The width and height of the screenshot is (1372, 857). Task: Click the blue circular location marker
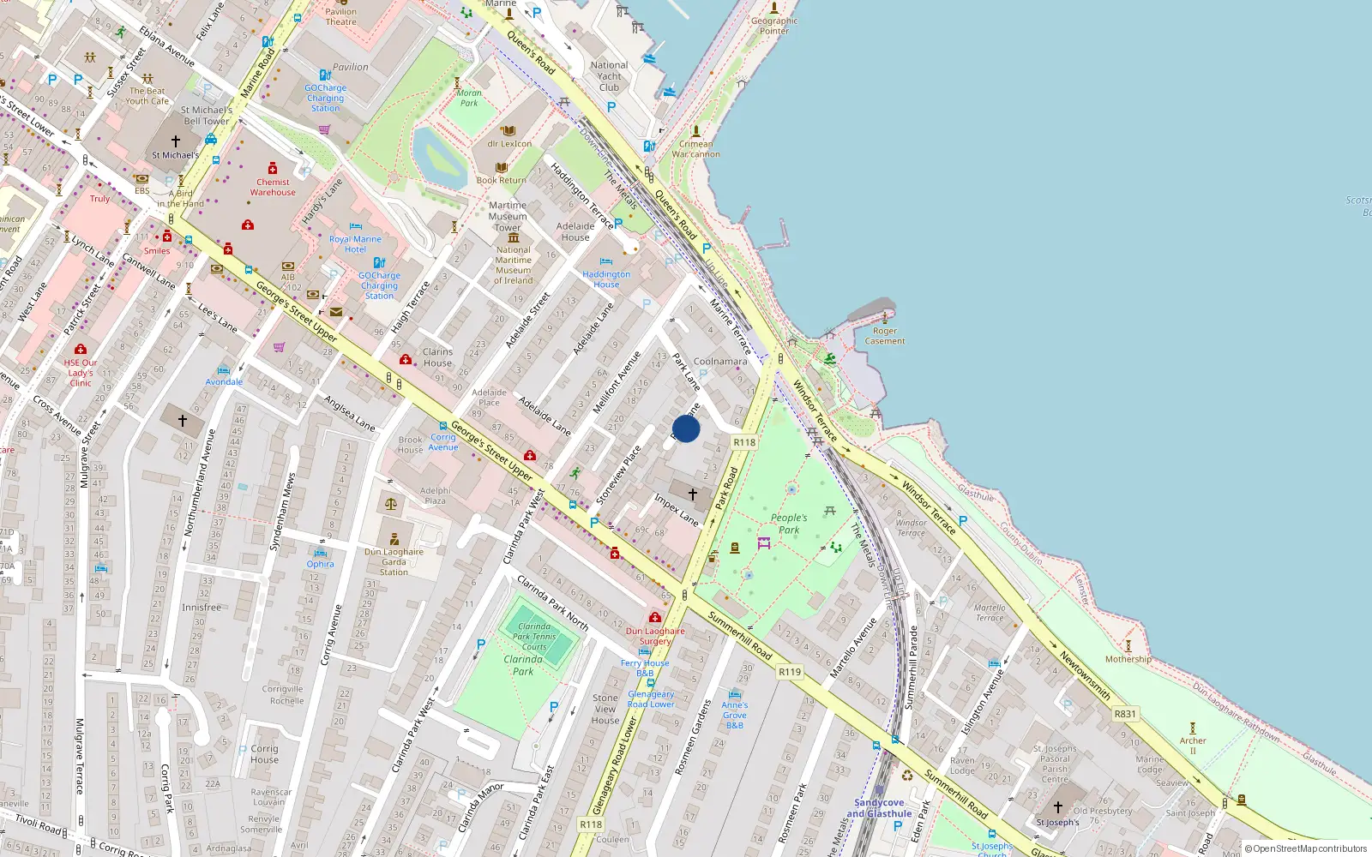pos(686,428)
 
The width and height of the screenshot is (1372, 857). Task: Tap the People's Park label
pos(789,524)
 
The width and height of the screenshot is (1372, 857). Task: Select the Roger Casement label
pos(885,336)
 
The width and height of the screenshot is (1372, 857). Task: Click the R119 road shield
pos(790,672)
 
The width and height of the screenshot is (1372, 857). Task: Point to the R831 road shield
pos(1125,714)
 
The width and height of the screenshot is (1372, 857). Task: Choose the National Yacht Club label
pos(609,76)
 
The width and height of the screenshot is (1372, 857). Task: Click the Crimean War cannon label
pos(695,149)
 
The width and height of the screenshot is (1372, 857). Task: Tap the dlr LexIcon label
pos(509,144)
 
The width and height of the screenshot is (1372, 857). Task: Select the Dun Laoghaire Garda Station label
pos(394,561)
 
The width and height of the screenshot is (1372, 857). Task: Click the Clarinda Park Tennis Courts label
pos(534,637)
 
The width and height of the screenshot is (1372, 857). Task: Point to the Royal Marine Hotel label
pos(355,244)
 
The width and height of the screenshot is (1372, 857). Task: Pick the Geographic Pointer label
pos(773,26)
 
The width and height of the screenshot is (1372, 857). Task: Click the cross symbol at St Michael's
pos(176,141)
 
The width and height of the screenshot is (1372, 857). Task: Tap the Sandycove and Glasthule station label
pos(879,808)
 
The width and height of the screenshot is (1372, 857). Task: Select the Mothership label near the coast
pos(1128,659)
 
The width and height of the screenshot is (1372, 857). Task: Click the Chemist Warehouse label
pos(273,187)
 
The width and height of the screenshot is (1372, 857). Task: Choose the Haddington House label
pos(606,279)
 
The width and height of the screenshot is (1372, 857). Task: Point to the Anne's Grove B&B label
pos(735,715)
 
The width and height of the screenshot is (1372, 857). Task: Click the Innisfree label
pos(202,608)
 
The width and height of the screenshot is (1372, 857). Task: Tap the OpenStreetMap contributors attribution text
pos(1305,848)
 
